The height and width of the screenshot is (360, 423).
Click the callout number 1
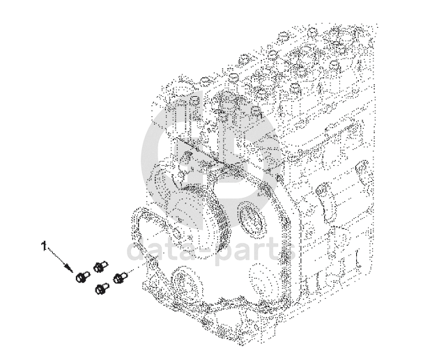coord(44,246)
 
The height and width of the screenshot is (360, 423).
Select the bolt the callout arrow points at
coord(82,277)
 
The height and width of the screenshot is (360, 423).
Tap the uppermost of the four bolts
coord(100,267)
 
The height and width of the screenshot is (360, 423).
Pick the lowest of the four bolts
coord(102,288)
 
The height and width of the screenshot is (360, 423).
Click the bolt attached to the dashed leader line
coord(119,278)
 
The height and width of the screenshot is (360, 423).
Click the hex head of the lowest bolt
coord(99,290)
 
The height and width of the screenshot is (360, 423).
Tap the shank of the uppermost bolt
coord(105,264)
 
